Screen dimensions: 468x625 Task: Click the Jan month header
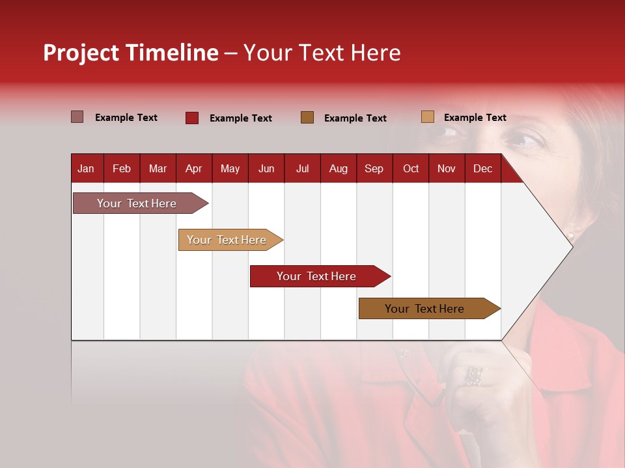coord(86,168)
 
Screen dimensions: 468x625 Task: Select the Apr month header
coord(194,168)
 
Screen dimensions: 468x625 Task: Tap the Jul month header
coord(302,168)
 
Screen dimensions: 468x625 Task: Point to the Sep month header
coord(374,168)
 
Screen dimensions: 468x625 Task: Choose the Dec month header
coord(482,168)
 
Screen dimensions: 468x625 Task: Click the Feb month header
coord(122,168)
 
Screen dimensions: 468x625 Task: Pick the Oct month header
coord(411,168)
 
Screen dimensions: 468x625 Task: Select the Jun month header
coord(266,168)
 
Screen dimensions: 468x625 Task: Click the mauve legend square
coord(77,117)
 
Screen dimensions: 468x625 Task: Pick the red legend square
coord(192,118)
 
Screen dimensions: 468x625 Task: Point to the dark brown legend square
coord(307,118)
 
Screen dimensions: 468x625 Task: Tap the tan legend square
coord(427,117)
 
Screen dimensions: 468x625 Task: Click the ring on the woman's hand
coord(474,375)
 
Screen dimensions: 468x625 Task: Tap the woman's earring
coord(571,233)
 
